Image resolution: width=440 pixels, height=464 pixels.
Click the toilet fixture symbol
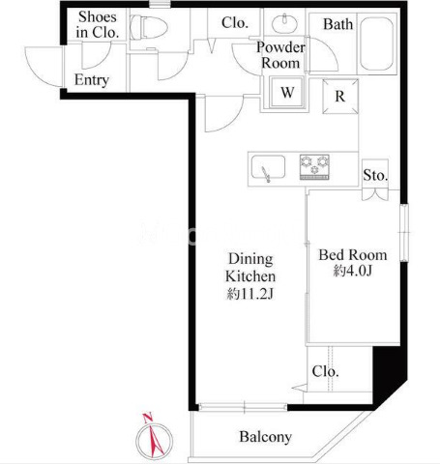149,27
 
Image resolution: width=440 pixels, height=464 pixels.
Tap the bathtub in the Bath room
376,43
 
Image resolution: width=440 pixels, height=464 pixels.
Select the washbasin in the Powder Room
284,23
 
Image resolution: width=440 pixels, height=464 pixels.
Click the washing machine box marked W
287,92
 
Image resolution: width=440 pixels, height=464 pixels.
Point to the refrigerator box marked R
340,97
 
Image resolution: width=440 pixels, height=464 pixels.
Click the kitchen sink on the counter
268,167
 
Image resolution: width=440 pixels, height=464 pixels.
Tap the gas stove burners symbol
314,166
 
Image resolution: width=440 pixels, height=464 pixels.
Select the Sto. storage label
375,175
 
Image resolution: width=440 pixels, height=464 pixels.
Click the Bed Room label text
353,255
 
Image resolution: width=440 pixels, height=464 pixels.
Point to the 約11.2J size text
250,294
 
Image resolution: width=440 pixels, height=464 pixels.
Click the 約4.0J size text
353,271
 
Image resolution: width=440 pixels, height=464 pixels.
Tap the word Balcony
266,437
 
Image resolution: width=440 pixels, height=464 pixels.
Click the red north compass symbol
154,437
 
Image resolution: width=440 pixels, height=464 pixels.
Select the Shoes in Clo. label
98,24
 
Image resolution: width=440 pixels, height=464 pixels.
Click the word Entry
92,80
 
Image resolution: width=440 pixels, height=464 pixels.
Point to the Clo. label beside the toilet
235,22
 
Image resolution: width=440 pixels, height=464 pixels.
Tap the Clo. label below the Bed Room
325,371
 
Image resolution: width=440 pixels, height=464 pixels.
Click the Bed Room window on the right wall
404,232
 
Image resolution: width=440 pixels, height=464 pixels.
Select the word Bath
338,24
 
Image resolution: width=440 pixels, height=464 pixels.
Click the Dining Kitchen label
250,268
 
